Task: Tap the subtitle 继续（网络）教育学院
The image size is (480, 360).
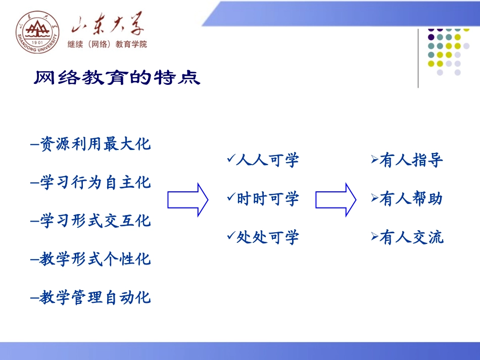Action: pos(107,44)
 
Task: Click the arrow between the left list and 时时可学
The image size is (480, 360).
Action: pos(187,200)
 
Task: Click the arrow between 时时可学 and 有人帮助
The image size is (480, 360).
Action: pos(335,200)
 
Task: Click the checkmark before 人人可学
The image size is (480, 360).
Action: pos(231,160)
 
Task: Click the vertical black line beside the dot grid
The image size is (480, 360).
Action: pos(418,58)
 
